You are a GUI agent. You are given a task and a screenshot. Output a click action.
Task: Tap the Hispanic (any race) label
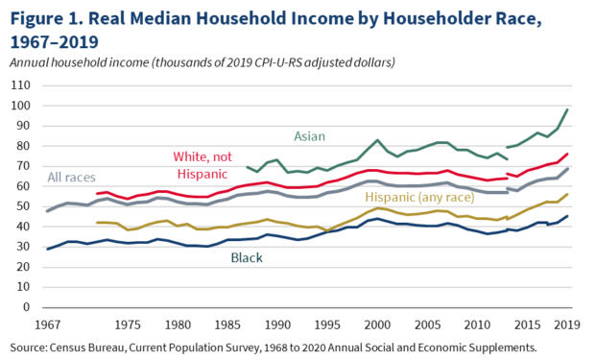(x=416, y=197)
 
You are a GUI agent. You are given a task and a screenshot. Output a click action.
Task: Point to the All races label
(x=75, y=179)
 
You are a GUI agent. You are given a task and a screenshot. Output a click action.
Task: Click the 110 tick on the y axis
(x=20, y=85)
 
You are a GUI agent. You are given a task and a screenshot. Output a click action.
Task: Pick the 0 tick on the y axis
(x=27, y=308)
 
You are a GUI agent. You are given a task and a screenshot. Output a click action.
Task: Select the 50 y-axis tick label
(x=23, y=206)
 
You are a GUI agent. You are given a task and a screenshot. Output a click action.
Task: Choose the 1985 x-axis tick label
(x=227, y=324)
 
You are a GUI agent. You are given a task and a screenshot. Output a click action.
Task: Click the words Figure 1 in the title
(x=43, y=18)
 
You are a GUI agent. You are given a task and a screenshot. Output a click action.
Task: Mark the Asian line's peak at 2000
(x=377, y=140)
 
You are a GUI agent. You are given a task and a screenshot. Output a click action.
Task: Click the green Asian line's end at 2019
(x=566, y=109)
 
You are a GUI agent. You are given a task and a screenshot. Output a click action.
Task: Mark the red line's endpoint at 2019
(x=566, y=155)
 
